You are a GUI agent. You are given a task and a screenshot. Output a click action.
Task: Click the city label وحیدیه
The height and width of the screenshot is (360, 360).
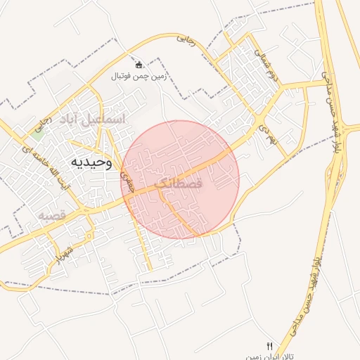coord(90,162)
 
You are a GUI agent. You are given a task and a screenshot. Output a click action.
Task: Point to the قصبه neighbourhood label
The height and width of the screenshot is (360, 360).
coord(51,214)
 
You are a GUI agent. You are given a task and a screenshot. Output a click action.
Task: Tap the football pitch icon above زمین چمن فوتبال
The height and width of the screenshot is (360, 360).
coord(139,65)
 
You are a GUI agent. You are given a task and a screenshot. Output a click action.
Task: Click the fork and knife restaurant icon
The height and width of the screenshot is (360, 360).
coord(269,346)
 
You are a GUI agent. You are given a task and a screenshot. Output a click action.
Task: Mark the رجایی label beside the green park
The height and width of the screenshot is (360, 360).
coord(45,122)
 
